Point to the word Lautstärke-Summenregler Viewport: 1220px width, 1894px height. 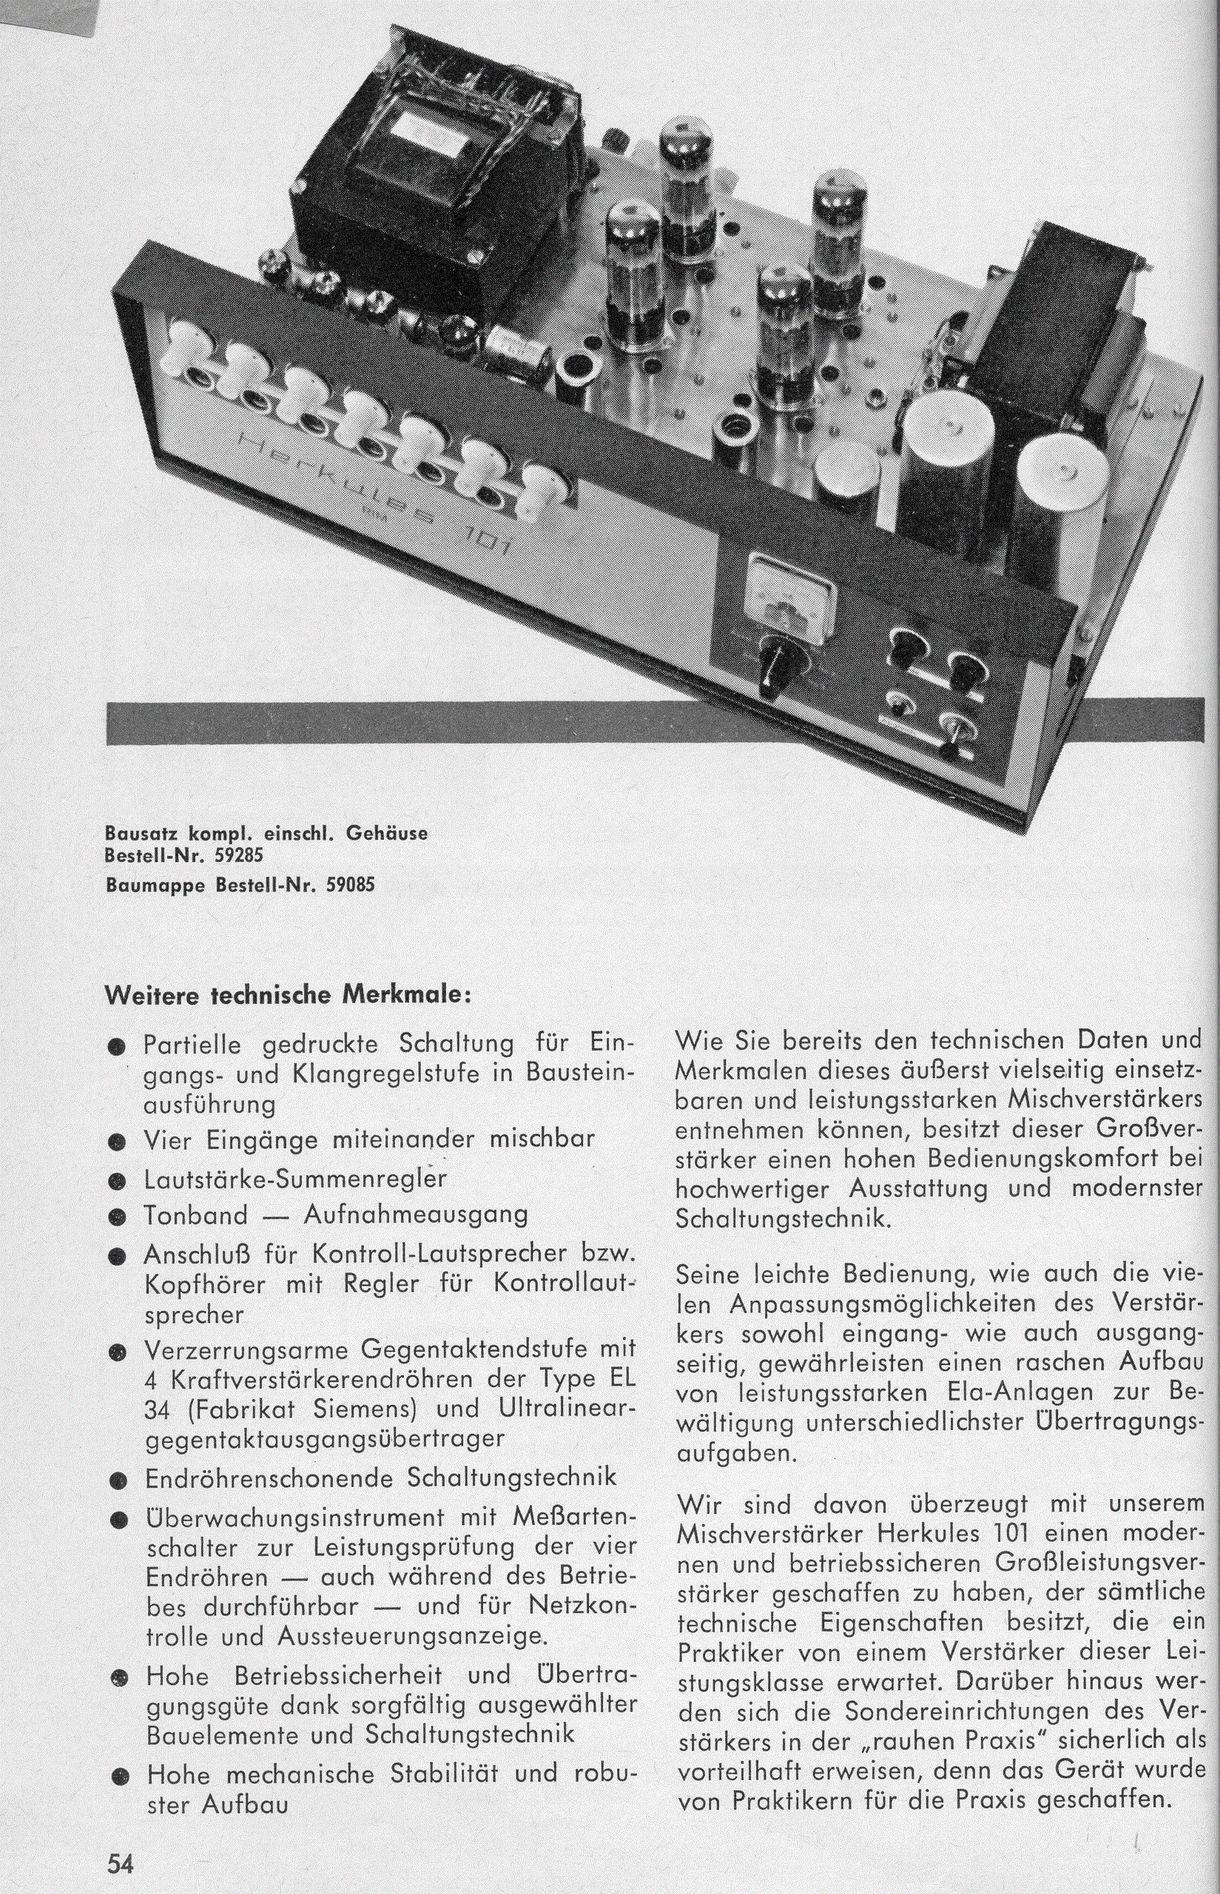coord(294,1179)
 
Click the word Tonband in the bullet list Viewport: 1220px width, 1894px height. coord(195,1214)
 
